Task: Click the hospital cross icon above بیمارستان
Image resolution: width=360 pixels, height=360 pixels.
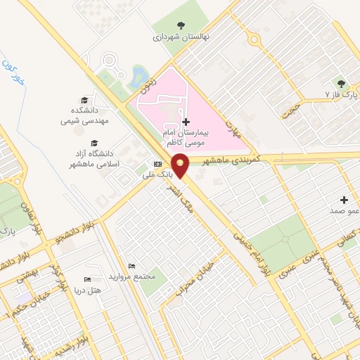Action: tap(186, 122)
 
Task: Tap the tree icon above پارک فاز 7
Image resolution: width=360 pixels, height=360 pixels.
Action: tap(343, 82)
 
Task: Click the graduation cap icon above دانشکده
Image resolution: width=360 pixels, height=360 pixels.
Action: tap(86, 100)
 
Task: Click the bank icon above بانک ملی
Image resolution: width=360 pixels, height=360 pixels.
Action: tap(157, 164)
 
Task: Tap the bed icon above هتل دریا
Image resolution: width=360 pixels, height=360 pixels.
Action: tap(88, 279)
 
